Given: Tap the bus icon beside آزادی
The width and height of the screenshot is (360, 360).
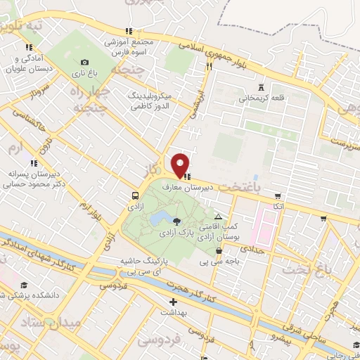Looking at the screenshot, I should (134, 195).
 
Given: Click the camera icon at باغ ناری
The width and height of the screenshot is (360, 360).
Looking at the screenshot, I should (85, 62).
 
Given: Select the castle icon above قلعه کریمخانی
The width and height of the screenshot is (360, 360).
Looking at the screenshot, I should (261, 86).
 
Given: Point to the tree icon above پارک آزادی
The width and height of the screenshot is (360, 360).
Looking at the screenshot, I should (176, 221).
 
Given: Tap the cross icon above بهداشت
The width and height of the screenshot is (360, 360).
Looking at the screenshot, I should (173, 302).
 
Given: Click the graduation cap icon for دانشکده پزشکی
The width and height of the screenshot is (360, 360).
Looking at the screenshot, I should (24, 285).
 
